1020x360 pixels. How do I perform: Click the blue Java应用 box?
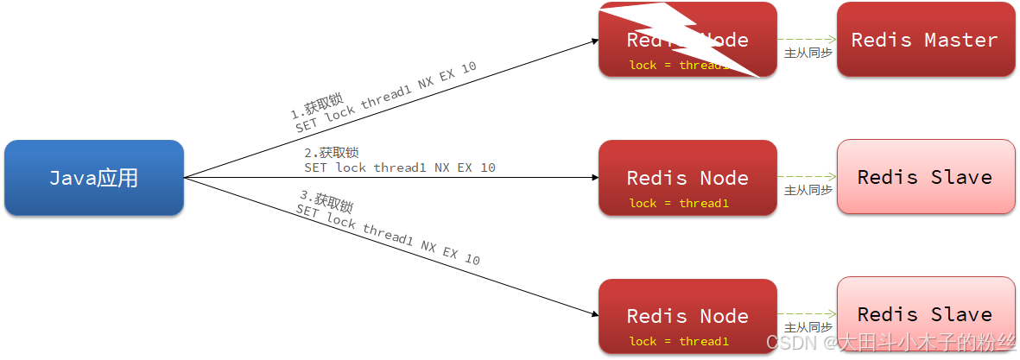point(94,178)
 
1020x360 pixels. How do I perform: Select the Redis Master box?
point(925,40)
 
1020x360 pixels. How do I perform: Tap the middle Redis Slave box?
point(925,177)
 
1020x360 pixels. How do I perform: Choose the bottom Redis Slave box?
point(925,314)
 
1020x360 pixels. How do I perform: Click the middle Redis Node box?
point(687,178)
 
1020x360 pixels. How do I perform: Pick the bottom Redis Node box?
point(687,316)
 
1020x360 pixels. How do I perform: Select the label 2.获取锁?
point(331,153)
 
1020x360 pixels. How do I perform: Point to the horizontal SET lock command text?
point(400,167)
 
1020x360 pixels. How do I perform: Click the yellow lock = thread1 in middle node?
point(679,204)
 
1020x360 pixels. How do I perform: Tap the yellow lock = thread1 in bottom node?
point(679,341)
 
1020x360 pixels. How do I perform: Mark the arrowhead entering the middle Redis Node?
point(594,178)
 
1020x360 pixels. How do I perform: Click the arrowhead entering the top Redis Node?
point(594,41)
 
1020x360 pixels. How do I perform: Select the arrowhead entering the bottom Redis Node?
point(594,316)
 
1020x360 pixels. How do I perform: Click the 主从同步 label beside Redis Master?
point(808,54)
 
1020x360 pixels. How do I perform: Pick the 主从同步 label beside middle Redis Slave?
point(808,190)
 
